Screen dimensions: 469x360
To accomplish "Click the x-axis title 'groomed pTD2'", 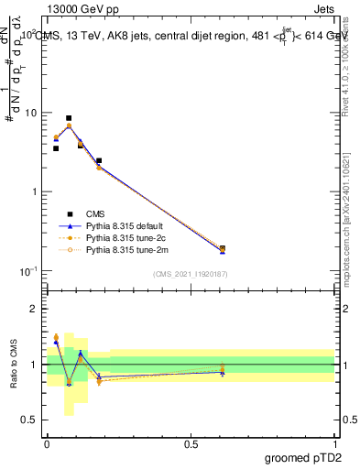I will point(302,459).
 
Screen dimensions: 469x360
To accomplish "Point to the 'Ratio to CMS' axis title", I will point(14,365).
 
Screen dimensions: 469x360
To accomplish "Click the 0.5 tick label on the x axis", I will point(191,444).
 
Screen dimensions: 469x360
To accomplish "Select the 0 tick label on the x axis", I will point(47,444).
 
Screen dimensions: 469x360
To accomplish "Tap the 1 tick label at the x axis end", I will point(334,444).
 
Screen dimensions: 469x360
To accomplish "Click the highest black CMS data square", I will point(69,118).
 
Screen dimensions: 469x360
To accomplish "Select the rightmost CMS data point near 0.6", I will point(223,248).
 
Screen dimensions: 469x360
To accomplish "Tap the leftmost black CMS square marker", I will point(56,148).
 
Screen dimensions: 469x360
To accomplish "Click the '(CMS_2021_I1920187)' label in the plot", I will point(191,274).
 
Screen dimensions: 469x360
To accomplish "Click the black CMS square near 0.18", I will point(99,161).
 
